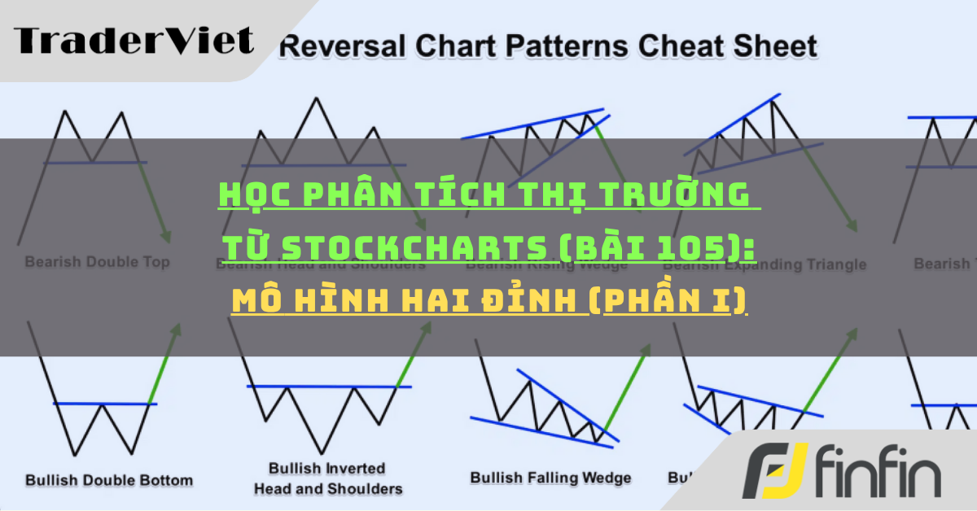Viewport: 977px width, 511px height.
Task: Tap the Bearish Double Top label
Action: click(x=97, y=262)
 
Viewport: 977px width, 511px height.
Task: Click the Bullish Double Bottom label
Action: click(x=109, y=480)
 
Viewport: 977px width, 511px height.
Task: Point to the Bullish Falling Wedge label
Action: click(x=550, y=478)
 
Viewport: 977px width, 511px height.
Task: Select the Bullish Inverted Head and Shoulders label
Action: click(x=328, y=478)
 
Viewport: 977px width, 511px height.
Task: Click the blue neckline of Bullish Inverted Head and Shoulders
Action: click(x=329, y=386)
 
